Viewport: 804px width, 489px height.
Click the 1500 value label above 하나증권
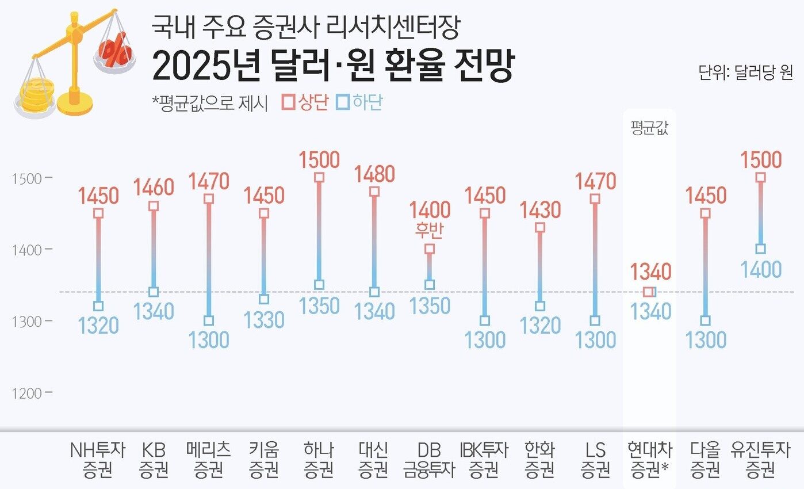(319, 159)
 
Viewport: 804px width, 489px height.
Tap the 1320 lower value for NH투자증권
(98, 326)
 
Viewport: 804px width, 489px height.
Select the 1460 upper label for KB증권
(154, 188)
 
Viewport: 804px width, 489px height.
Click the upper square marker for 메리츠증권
(209, 199)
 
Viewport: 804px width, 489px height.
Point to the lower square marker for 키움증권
(264, 299)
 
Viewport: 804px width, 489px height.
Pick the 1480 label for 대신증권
(374, 174)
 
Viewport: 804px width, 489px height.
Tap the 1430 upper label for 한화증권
(540, 210)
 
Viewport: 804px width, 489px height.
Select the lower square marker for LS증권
(595, 320)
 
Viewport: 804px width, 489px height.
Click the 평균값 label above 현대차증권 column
(649, 128)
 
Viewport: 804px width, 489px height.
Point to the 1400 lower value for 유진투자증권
(761, 269)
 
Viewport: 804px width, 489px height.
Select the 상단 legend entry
(305, 103)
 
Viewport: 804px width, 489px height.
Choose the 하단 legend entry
(360, 103)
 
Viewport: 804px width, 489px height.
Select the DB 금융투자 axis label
(430, 460)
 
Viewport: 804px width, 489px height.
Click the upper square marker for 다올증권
(706, 213)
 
